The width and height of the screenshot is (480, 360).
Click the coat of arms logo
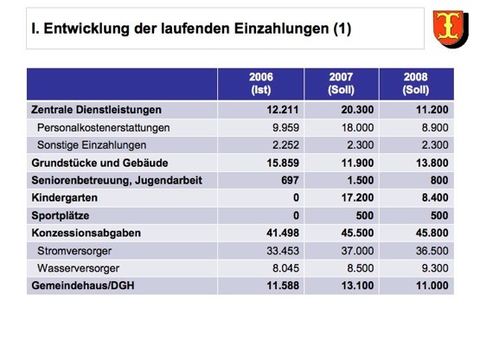[451, 29]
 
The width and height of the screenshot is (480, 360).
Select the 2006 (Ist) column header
[261, 83]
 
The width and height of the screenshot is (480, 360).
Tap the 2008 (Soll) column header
[416, 83]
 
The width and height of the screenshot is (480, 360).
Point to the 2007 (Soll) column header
[341, 83]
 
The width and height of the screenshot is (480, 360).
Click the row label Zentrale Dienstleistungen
[96, 110]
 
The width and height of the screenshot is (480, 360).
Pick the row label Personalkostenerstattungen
[104, 127]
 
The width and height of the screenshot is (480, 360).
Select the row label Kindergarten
[64, 197]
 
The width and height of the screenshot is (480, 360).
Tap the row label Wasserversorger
[79, 268]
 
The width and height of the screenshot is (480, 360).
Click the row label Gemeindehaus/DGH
[83, 286]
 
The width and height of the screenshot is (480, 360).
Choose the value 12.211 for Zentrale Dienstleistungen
[283, 110]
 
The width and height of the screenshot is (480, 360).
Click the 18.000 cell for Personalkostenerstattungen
[357, 127]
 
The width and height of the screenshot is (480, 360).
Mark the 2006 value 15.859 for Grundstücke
[283, 163]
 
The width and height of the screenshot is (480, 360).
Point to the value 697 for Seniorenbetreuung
[290, 180]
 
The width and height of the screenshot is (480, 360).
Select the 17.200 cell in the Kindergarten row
[357, 197]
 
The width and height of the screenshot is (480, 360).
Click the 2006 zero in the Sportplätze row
[296, 215]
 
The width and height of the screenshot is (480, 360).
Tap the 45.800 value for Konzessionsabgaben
[432, 233]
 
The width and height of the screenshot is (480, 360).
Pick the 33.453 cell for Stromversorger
[283, 251]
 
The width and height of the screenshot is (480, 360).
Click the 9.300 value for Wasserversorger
[435, 268]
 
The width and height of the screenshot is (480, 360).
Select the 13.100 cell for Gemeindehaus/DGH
[357, 286]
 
